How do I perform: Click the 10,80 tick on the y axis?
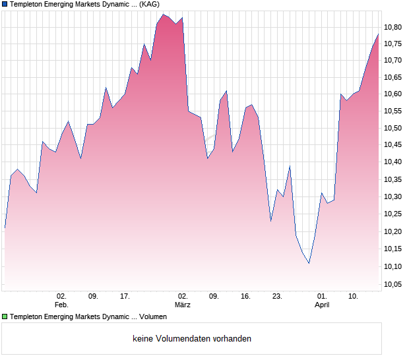(x=393, y=27)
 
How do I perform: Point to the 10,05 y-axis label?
(x=393, y=284)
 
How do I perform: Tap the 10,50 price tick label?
(x=393, y=128)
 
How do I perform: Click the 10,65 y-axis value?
(x=393, y=77)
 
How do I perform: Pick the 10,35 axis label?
(x=393, y=179)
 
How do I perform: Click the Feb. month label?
(x=61, y=305)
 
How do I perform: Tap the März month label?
(x=183, y=305)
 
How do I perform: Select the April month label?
(x=322, y=305)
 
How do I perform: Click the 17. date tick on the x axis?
(x=125, y=296)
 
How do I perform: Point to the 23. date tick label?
(x=277, y=296)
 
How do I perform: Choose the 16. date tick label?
(x=245, y=296)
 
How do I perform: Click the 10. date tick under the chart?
(x=354, y=296)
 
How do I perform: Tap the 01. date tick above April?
(x=322, y=296)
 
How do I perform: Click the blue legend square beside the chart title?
(x=5, y=5)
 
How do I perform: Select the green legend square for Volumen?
(x=5, y=317)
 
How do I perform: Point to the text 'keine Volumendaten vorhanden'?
(x=192, y=339)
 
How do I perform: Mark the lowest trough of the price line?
(x=309, y=264)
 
